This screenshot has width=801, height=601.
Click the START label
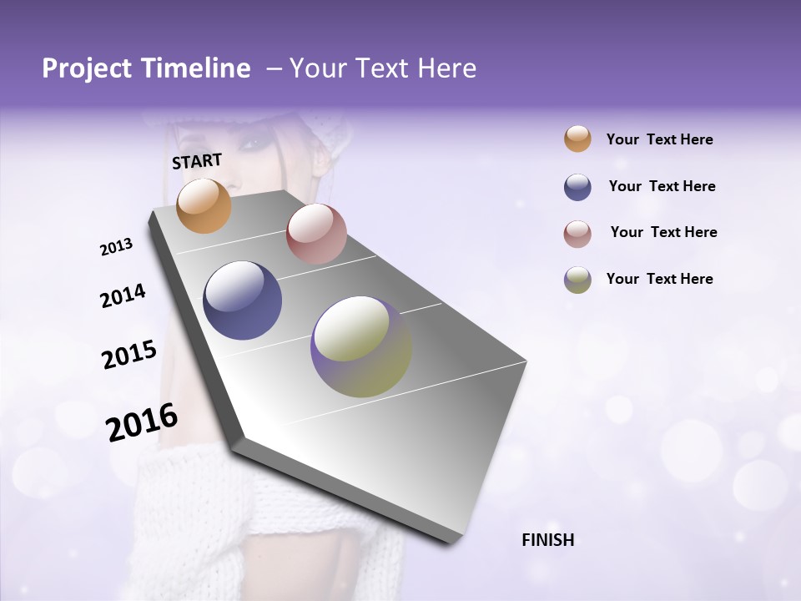197,161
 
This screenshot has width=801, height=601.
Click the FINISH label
548,540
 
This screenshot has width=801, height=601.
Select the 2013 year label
117,247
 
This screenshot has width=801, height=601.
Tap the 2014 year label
123,296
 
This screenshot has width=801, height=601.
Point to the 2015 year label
129,356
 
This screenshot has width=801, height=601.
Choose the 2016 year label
142,422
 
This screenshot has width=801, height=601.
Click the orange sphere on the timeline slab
204,205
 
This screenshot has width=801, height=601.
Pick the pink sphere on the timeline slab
316,234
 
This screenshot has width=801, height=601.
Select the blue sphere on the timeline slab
243,300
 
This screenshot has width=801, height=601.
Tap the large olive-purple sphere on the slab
361,346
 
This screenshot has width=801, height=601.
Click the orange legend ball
577,139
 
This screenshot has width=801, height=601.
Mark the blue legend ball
577,187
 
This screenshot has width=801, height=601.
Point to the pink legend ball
577,234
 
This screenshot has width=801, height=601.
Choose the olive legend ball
577,280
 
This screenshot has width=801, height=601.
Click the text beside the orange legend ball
659,139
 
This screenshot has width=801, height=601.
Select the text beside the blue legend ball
662,186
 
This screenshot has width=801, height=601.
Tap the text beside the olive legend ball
659,279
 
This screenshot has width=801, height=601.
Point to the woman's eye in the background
249,144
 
